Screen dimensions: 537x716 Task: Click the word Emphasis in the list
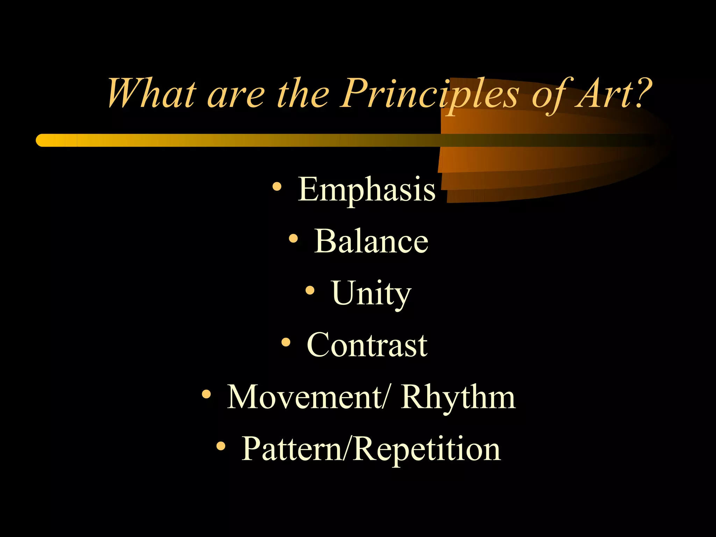(366, 189)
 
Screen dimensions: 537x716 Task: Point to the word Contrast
(367, 345)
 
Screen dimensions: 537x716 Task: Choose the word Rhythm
(458, 398)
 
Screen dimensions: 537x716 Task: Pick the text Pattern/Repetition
(371, 450)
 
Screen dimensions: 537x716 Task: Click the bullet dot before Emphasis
(277, 187)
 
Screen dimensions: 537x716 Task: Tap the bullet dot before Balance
(293, 239)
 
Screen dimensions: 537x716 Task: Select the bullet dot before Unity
(310, 291)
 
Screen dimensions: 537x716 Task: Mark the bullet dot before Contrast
(286, 342)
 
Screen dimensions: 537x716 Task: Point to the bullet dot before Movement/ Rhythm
(207, 394)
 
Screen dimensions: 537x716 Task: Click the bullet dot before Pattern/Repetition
(221, 446)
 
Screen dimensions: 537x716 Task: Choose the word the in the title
(303, 94)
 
